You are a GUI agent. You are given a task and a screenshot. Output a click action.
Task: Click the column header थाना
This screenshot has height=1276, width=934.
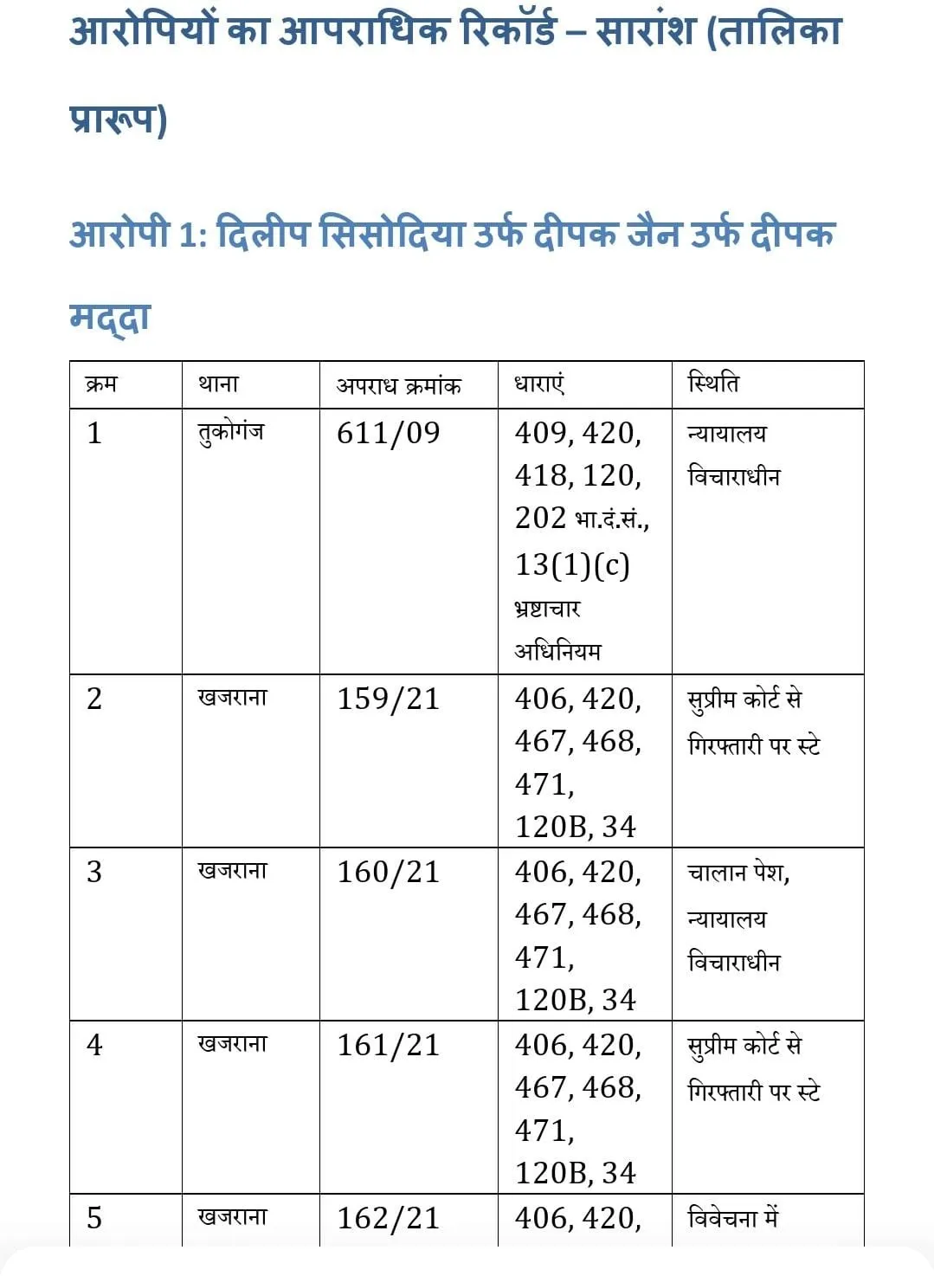[x=218, y=383]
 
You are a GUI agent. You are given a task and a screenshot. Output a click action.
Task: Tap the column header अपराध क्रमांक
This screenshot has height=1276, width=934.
[x=398, y=385]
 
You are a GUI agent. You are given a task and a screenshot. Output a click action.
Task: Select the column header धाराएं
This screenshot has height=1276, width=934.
[x=539, y=383]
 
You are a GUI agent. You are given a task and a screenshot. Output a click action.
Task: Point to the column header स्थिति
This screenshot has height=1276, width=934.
[x=713, y=383]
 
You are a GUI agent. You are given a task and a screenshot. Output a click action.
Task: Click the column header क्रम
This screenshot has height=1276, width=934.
[x=101, y=383]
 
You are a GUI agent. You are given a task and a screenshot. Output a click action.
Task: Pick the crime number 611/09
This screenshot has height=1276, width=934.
[x=388, y=433]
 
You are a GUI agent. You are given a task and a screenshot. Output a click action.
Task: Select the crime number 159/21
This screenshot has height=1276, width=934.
[x=388, y=699]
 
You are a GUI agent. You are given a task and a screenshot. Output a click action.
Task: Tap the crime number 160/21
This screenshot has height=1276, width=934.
[x=388, y=872]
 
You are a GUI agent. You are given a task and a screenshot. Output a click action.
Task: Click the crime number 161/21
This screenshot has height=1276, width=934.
[x=388, y=1045]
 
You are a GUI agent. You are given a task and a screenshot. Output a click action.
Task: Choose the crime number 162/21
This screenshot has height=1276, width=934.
[x=388, y=1218]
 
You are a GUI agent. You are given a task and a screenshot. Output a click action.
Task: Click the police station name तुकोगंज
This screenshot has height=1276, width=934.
[x=230, y=432]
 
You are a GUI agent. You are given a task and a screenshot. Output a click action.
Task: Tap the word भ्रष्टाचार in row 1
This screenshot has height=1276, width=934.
[x=547, y=609]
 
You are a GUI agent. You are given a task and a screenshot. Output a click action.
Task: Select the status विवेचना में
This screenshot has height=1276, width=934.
[x=732, y=1218]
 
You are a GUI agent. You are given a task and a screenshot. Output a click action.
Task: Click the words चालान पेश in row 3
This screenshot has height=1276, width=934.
[x=737, y=873]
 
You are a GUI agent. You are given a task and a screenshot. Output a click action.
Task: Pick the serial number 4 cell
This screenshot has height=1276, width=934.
[x=95, y=1045]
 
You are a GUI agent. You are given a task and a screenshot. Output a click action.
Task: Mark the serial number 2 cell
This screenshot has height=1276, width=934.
[x=95, y=699]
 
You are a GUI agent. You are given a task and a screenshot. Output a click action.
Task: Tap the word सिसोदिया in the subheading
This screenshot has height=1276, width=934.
[x=392, y=235]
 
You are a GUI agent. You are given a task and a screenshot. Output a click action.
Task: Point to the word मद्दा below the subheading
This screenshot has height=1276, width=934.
[x=110, y=317]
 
